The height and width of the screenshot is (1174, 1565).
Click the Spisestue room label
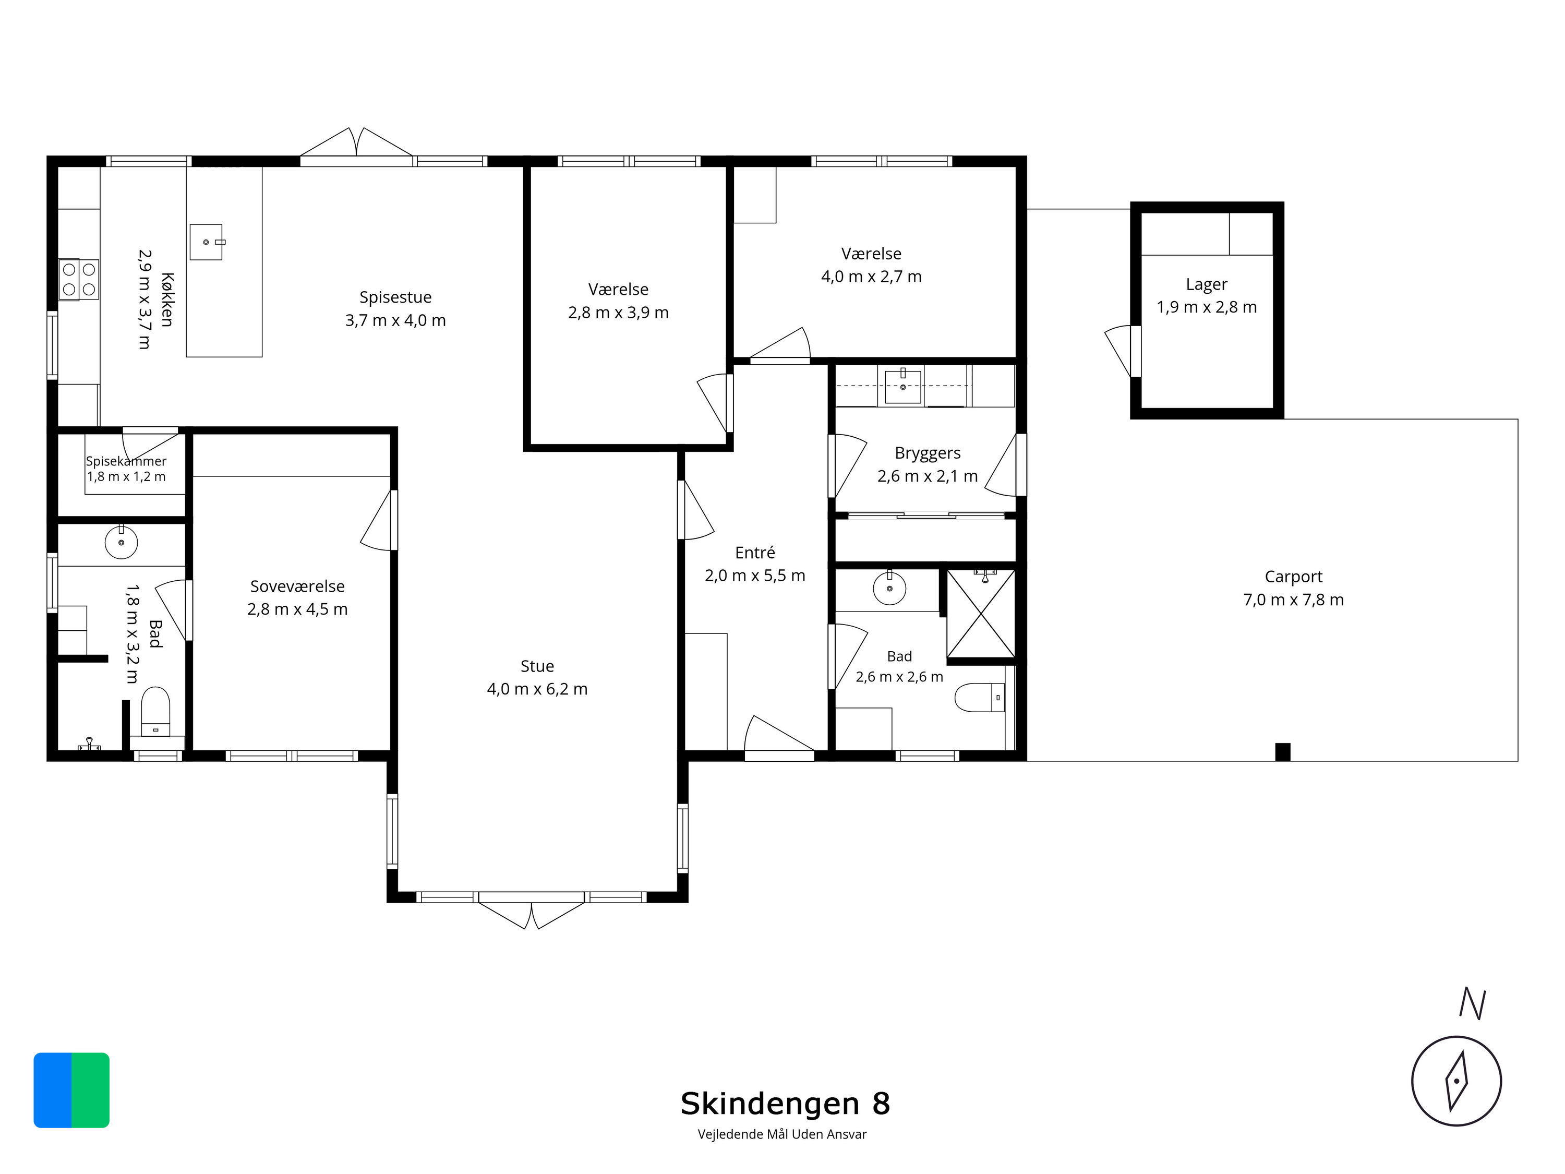(x=395, y=297)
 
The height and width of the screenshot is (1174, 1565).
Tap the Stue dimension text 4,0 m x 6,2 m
(x=537, y=689)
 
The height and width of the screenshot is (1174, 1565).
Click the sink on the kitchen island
(x=207, y=242)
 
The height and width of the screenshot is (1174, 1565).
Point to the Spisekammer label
(x=126, y=461)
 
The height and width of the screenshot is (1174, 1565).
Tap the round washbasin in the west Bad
(x=121, y=542)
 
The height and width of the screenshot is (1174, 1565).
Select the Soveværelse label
(x=297, y=586)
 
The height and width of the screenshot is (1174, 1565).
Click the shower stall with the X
(x=981, y=614)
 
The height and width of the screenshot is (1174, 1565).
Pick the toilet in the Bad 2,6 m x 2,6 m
(x=980, y=698)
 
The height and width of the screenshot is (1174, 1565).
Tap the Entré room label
(x=755, y=552)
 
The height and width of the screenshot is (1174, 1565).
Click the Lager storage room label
(x=1206, y=284)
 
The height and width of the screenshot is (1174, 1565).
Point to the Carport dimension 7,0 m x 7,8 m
(x=1293, y=600)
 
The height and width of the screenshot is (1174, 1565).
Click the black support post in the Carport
(x=1283, y=752)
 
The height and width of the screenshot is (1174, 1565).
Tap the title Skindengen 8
(x=785, y=1103)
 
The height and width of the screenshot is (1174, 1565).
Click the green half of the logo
(x=91, y=1090)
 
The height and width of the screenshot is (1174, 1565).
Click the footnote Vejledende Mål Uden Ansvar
(x=782, y=1134)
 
